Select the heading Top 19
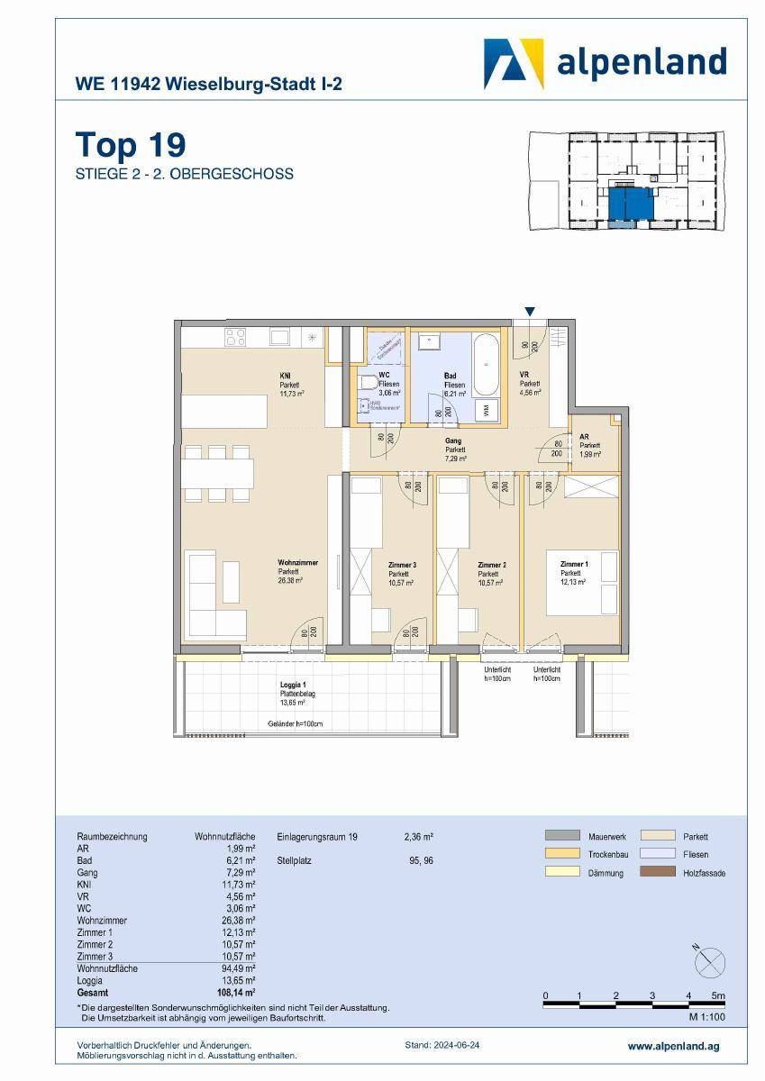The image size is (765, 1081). (x=130, y=144)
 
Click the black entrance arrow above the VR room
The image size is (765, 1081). (x=531, y=312)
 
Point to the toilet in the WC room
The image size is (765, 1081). (x=366, y=385)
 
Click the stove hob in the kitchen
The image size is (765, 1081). (x=236, y=338)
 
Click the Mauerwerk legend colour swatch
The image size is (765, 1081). (x=561, y=834)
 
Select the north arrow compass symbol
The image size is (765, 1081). (x=709, y=962)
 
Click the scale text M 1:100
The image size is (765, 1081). (x=706, y=1017)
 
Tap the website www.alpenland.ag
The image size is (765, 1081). (x=673, y=1047)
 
